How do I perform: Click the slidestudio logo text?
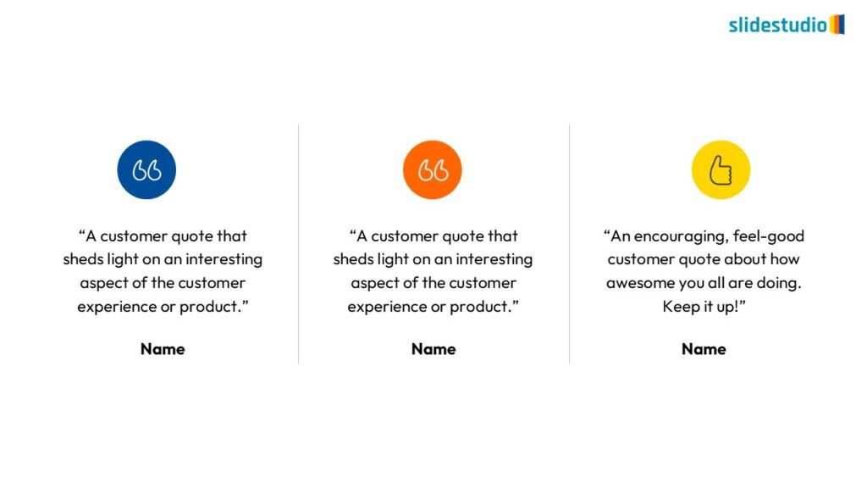[x=777, y=25]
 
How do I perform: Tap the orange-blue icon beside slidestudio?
[x=837, y=25]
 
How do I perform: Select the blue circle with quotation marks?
[x=146, y=169]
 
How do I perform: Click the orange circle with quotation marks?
[x=433, y=169]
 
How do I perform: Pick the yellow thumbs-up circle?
[x=721, y=169]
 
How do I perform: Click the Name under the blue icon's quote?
[x=163, y=349]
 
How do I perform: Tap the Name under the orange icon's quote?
[x=433, y=349]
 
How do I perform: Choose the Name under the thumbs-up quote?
[x=704, y=349]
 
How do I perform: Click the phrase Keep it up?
[x=704, y=307]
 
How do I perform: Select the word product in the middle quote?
[x=479, y=307]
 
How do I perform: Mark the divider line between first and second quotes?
[x=299, y=244]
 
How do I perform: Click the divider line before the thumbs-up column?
[x=570, y=244]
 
